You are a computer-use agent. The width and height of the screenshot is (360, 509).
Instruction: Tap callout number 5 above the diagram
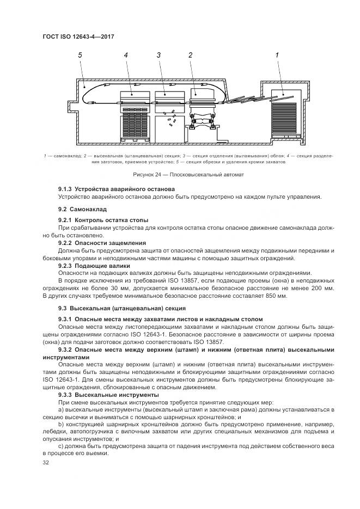coord(80,55)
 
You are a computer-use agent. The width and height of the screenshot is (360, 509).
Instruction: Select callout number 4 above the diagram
coord(126,55)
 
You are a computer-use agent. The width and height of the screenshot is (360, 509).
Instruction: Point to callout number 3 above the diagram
coord(158,55)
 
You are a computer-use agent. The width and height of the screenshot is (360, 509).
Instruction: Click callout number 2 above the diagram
coord(190,55)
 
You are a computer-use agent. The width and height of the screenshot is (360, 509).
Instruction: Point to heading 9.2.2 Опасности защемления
coord(102,243)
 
